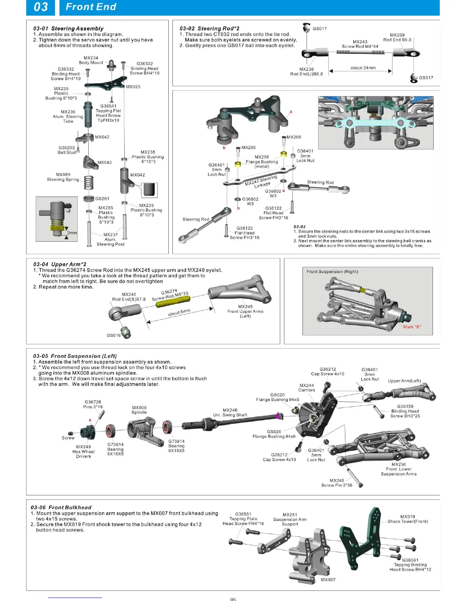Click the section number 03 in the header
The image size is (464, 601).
[x=41, y=7]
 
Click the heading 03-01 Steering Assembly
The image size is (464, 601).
[x=68, y=28]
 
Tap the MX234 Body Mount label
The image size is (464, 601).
[x=91, y=60]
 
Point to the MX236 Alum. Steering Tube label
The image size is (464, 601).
[x=68, y=116]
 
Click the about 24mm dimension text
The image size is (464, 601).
[x=363, y=68]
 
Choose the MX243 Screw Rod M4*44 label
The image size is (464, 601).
[x=360, y=44]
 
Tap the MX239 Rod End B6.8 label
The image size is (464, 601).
[x=397, y=37]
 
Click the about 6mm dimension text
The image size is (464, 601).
[x=179, y=313]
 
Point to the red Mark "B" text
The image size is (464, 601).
[x=412, y=327]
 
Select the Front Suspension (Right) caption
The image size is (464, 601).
[x=332, y=272]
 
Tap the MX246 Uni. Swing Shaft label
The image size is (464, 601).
[x=230, y=412]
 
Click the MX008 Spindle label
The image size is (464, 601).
[x=139, y=410]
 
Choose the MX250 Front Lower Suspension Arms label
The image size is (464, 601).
[x=398, y=469]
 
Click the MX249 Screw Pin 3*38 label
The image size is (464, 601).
[x=337, y=483]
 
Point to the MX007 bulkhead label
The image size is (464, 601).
[x=328, y=580]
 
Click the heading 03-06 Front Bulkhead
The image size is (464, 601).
[x=61, y=507]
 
